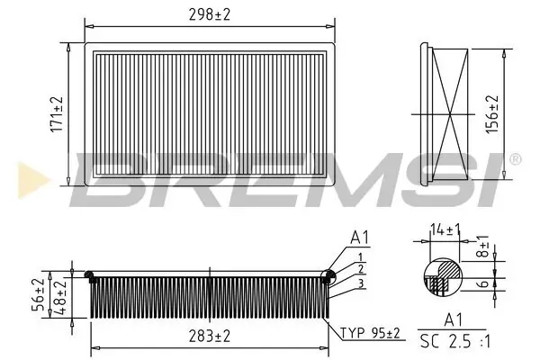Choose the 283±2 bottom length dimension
coord(209,336)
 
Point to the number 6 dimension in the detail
coord(483,283)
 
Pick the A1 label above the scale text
coord(455,319)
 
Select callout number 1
coord(360,256)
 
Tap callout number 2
coord(360,268)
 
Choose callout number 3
coord(360,283)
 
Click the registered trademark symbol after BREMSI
coord(514,159)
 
